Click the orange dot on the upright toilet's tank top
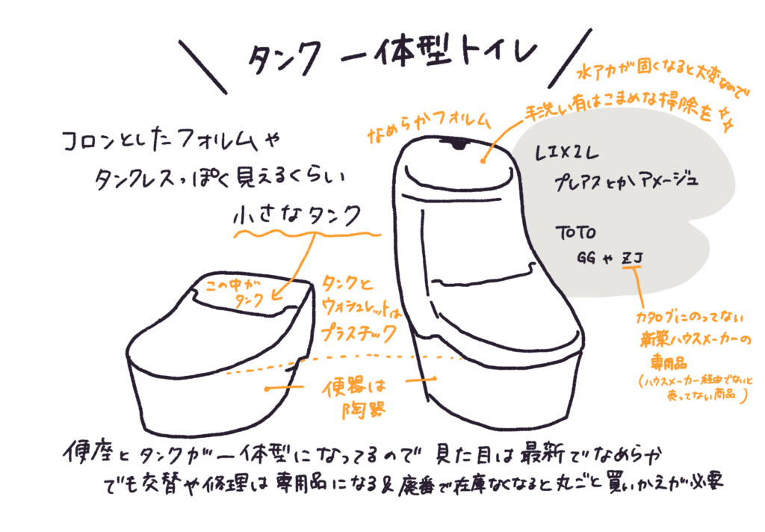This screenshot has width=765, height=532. pos(484,158)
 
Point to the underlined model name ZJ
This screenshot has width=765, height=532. pos(633,259)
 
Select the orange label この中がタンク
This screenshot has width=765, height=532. pos(232,292)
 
